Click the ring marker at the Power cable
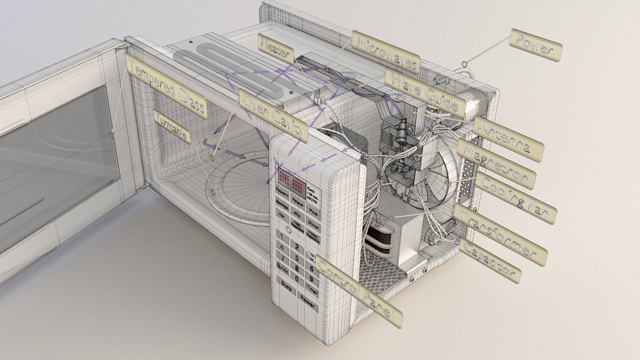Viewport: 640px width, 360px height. point(464,63)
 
